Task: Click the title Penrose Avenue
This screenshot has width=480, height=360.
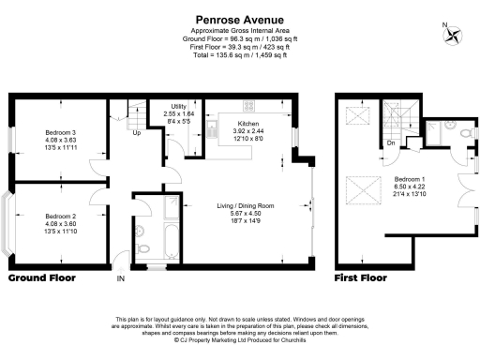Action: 240,17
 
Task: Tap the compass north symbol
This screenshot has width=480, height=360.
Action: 454,36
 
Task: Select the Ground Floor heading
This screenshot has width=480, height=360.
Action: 44,278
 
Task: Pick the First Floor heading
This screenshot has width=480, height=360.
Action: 361,278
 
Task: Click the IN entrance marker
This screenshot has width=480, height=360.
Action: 119,279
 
